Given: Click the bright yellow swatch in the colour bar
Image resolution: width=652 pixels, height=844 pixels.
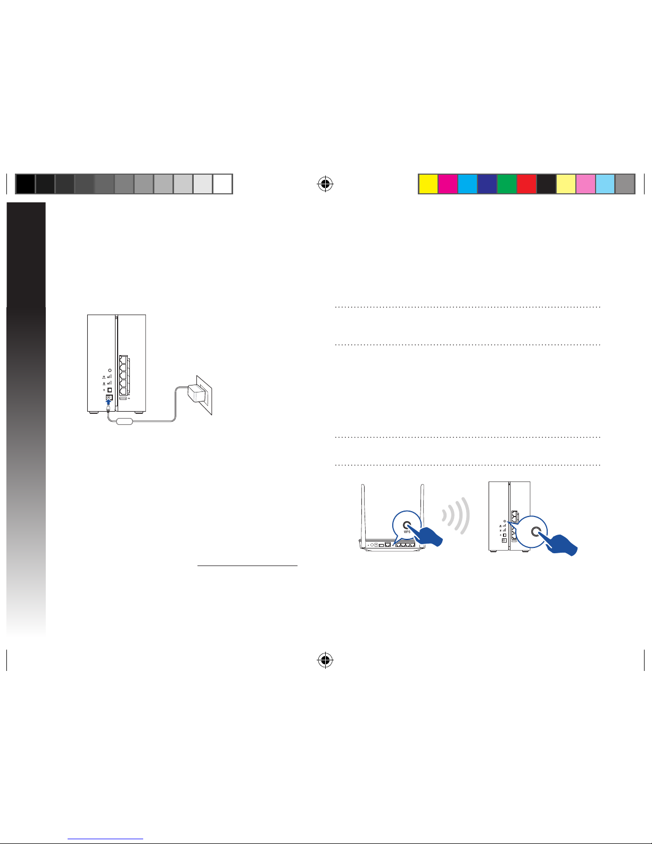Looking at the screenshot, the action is [428, 184].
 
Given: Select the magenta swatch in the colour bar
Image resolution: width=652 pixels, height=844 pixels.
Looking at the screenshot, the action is [448, 184].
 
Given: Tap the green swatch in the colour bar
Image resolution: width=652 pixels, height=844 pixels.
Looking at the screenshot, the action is [507, 184].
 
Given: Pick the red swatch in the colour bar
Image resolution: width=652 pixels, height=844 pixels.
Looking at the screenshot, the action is [526, 184].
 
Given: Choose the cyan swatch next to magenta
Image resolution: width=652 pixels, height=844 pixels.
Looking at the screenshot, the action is [468, 184].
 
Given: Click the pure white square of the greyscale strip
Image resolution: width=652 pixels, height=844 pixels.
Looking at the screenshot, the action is [223, 184].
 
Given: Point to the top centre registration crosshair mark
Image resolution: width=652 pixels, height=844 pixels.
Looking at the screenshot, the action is [325, 184].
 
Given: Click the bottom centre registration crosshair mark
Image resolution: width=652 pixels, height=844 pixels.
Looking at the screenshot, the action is [325, 660].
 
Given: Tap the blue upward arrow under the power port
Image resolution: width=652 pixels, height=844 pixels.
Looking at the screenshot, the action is [109, 403].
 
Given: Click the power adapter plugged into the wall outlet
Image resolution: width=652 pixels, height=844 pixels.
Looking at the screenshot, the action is [197, 393].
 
